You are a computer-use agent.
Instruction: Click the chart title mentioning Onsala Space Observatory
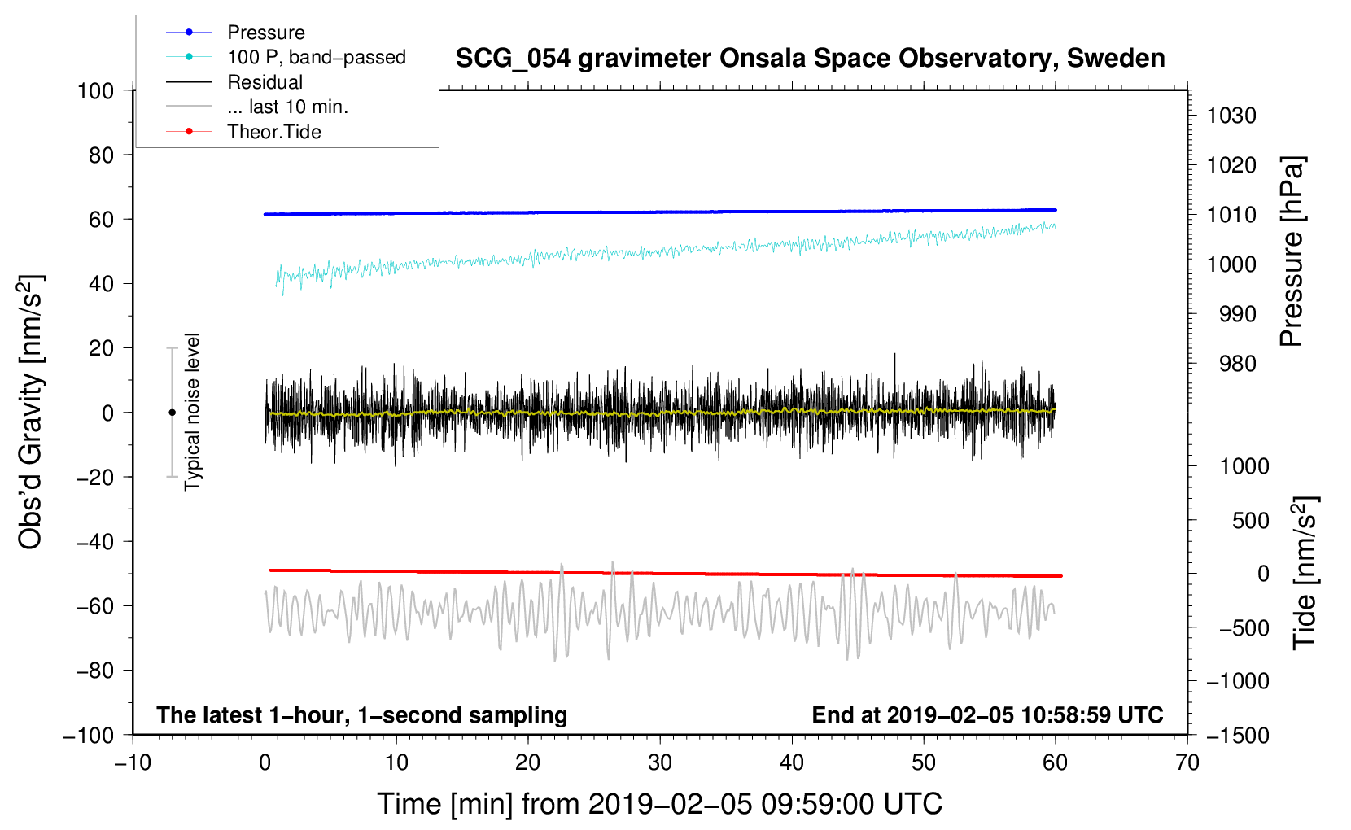pyautogui.click(x=810, y=59)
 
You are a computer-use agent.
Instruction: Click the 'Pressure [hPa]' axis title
pyautogui.click(x=1292, y=251)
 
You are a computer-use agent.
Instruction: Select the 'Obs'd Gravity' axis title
pyautogui.click(x=30, y=412)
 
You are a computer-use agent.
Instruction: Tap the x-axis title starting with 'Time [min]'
pyautogui.click(x=659, y=804)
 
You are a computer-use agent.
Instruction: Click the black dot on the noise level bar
pyautogui.click(x=172, y=413)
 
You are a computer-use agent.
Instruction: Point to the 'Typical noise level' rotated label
pyautogui.click(x=192, y=412)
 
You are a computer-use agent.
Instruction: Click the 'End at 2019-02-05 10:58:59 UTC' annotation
pyautogui.click(x=987, y=714)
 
